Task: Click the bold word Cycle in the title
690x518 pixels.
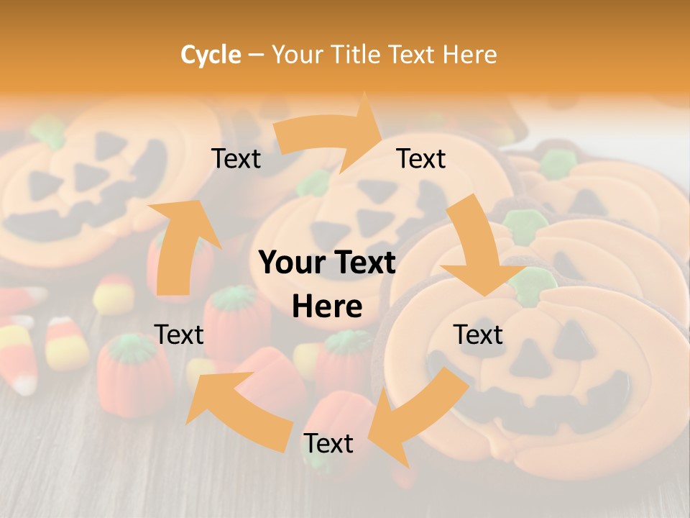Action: [x=211, y=55]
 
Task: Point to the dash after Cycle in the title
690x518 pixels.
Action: [x=256, y=55]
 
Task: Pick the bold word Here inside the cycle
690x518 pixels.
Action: [x=327, y=307]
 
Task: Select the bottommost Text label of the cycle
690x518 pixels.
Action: [x=328, y=444]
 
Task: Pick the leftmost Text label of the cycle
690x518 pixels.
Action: [x=180, y=335]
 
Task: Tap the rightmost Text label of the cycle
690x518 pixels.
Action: [x=478, y=335]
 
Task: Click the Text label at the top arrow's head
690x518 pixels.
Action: [x=421, y=159]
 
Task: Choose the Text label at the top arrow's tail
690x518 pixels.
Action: [x=236, y=159]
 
